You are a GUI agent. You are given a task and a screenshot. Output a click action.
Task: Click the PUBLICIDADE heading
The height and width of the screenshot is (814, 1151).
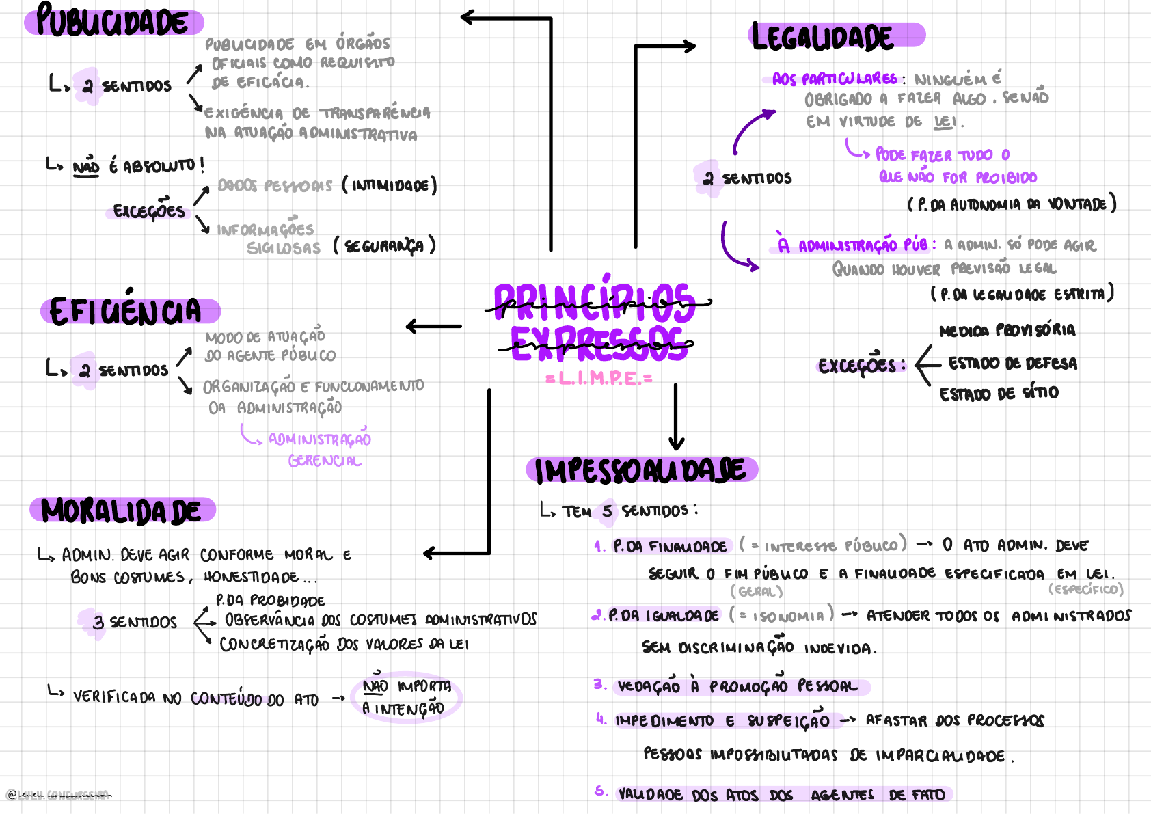coord(113,21)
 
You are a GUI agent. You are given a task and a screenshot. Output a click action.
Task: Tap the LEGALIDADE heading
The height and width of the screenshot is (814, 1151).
coord(823,37)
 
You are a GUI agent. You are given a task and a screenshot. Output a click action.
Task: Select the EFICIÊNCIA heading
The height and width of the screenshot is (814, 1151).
coord(126,311)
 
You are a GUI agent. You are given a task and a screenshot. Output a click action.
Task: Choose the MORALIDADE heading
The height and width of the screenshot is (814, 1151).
coord(122,511)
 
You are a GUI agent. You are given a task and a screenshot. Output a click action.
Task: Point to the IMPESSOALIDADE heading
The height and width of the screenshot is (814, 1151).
coord(640,471)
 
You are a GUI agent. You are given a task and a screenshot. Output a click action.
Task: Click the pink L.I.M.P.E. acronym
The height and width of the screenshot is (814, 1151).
coord(599,379)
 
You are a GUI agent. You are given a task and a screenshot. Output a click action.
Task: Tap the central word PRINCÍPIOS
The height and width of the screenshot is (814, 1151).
coord(595,303)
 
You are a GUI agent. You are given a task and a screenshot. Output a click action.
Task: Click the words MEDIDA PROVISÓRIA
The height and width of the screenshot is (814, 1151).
coord(1007,331)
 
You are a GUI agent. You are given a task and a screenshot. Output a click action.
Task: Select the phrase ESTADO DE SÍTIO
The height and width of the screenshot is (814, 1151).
coord(999,394)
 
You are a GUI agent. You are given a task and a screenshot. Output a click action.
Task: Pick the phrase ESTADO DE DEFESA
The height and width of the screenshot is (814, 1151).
coord(1012,364)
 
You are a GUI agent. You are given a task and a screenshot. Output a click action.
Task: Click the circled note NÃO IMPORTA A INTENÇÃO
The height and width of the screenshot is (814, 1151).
coord(406,698)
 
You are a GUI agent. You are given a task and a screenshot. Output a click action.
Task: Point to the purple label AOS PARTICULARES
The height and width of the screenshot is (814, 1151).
coord(835,79)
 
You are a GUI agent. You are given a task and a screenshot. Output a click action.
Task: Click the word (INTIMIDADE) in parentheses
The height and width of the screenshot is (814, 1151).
coord(390,186)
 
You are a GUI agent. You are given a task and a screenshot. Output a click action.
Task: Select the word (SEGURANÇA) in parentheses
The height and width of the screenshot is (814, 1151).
coord(384,246)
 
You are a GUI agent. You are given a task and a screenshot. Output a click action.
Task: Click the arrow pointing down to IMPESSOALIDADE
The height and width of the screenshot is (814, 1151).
coord(676,417)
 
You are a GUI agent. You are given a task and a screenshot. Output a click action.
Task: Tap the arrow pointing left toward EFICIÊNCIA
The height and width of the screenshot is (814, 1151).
coord(433,327)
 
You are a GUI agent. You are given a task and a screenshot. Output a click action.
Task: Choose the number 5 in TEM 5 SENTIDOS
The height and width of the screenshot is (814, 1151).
coord(607,511)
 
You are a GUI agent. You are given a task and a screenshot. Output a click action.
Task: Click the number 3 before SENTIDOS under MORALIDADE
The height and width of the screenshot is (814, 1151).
coord(98,623)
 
